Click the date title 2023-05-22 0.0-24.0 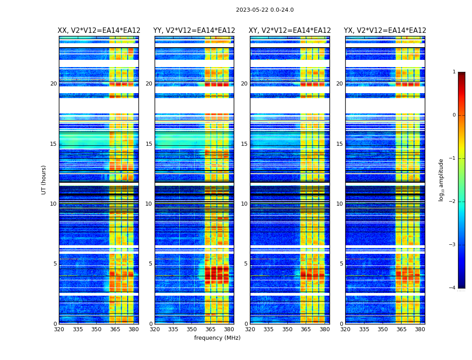[x=265, y=10]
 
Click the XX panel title [x=99, y=31]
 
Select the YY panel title [x=194, y=31]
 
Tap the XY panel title [x=290, y=31]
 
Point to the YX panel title [x=385, y=31]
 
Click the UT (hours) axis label [x=44, y=180]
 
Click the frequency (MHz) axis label [x=217, y=338]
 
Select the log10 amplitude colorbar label [x=441, y=180]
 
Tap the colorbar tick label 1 [x=454, y=72]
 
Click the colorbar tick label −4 [x=453, y=288]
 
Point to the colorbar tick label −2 [x=453, y=202]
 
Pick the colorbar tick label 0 [x=454, y=115]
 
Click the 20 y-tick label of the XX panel [x=53, y=84]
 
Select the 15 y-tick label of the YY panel [x=149, y=144]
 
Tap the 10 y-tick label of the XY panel [x=244, y=204]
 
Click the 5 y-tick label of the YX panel [x=341, y=264]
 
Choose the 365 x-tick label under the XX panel [x=115, y=329]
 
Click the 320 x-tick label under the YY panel [x=155, y=329]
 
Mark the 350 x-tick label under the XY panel [x=287, y=329]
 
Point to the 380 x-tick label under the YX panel [x=420, y=329]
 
